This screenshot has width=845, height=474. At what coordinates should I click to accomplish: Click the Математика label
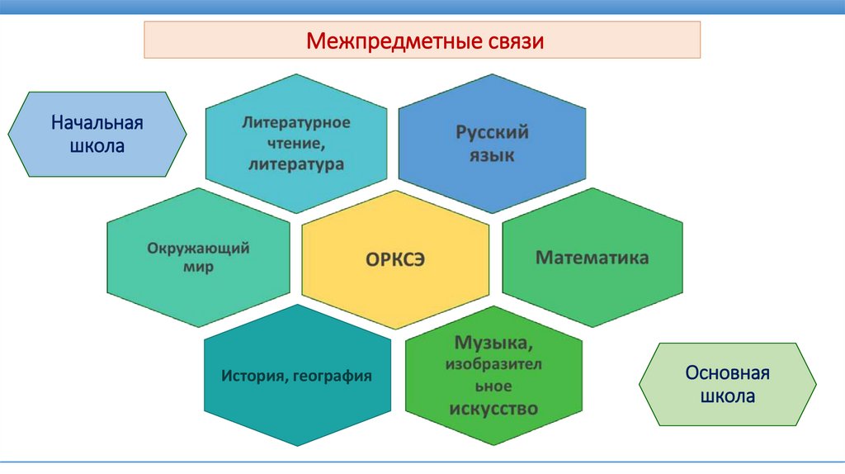click(592, 258)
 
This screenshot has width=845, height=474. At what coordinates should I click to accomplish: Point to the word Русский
click(493, 132)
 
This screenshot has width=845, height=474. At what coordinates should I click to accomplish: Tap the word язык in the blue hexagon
click(493, 154)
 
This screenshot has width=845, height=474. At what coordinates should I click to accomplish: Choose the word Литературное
click(296, 122)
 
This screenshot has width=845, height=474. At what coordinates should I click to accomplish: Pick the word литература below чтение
click(295, 164)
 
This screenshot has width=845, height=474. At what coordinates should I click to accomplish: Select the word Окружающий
click(199, 248)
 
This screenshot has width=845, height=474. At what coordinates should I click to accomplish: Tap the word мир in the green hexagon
click(199, 268)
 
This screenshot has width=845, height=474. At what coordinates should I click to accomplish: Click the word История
click(253, 377)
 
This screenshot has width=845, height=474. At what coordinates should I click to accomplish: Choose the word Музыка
click(493, 341)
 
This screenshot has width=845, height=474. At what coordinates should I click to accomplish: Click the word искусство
click(493, 408)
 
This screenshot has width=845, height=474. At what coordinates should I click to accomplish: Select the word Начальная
click(97, 124)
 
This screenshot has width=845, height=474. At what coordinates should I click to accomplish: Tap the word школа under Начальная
click(97, 147)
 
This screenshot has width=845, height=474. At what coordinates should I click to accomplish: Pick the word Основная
click(727, 372)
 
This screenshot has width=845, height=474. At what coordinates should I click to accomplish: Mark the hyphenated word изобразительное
click(493, 375)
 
